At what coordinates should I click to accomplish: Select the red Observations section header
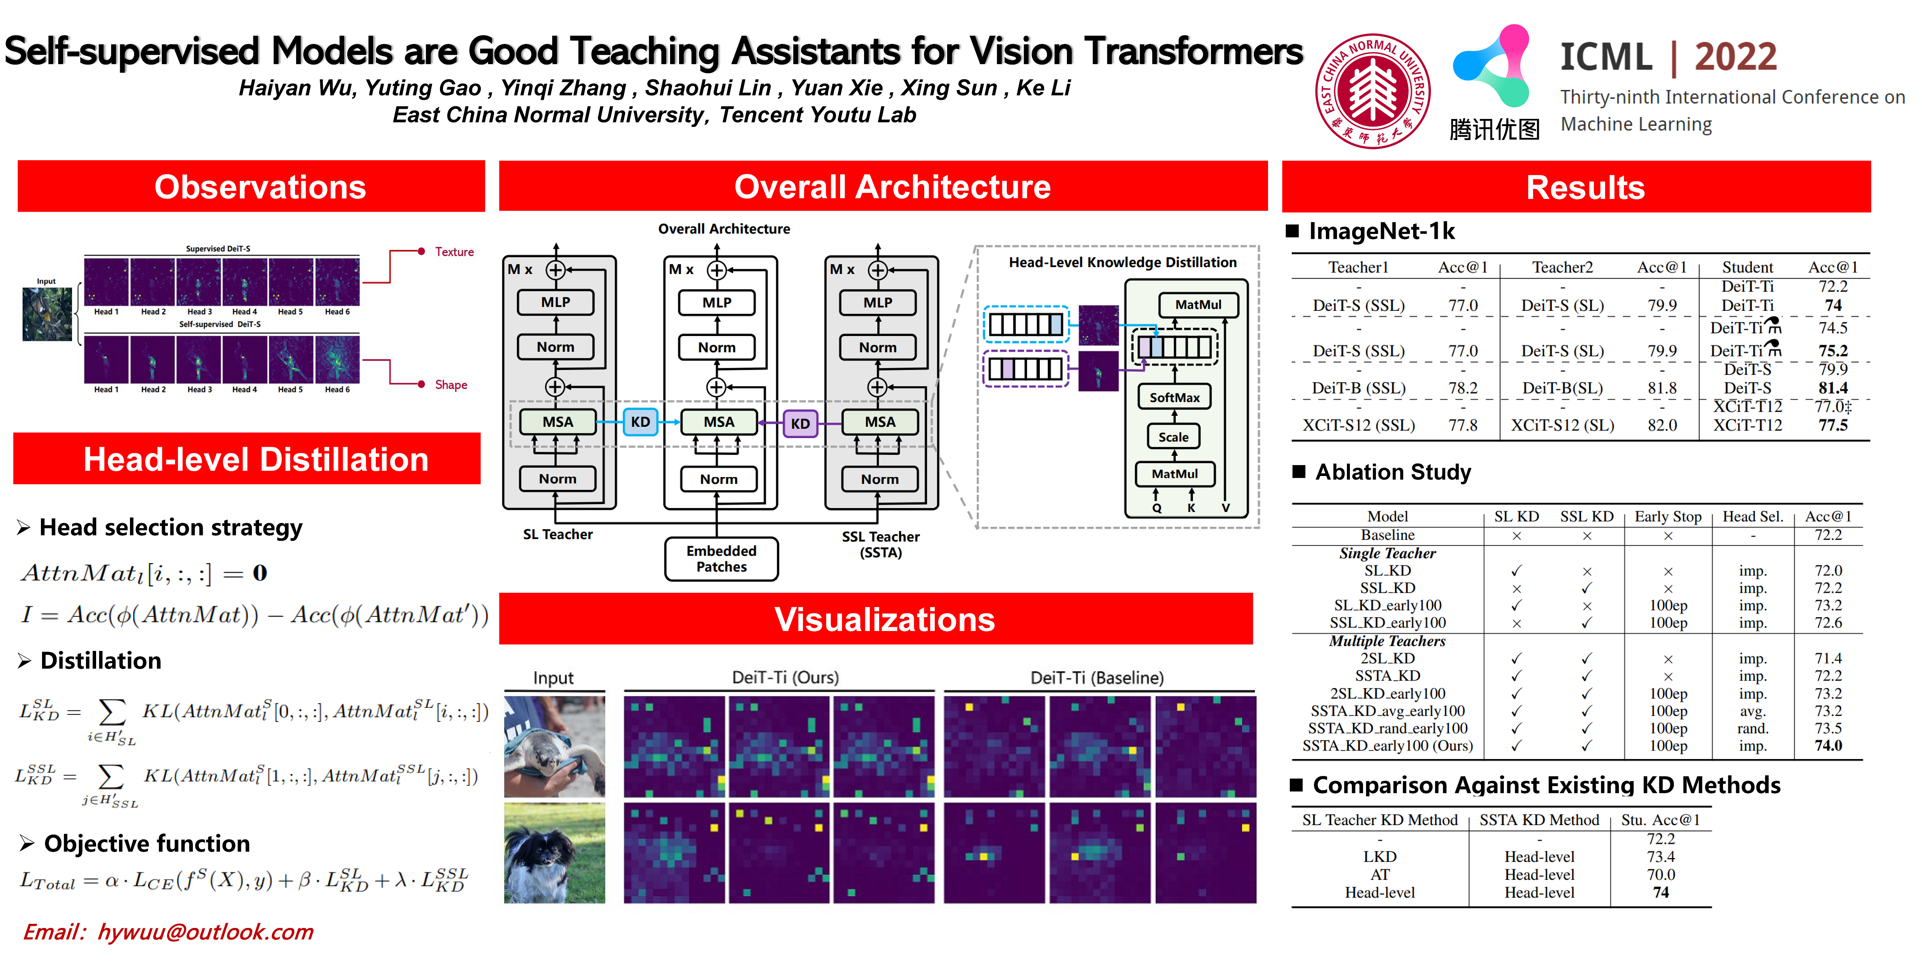(252, 187)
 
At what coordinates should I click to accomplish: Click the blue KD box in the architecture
(640, 422)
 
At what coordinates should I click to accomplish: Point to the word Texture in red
(454, 252)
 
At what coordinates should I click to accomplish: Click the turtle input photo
(554, 746)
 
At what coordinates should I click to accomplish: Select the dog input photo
(554, 853)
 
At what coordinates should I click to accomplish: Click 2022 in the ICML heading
(1735, 57)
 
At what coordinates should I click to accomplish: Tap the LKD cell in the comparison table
(1380, 857)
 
